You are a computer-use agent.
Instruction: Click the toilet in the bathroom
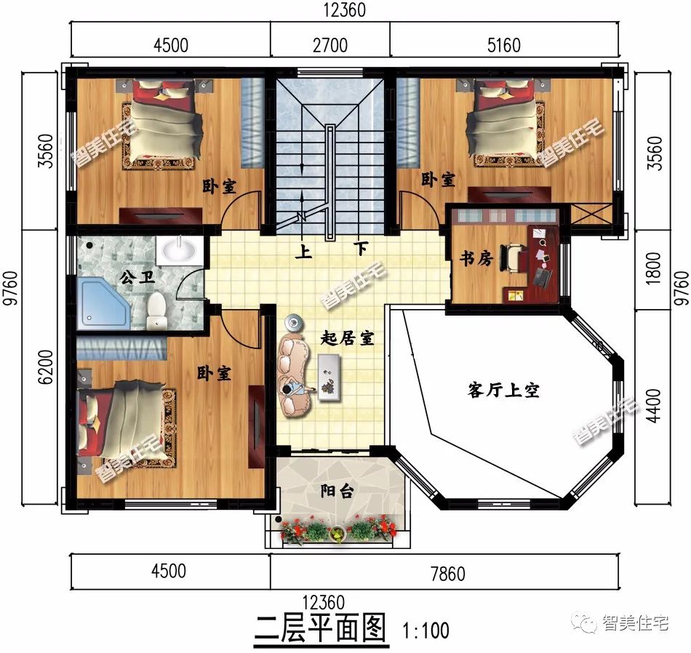156,314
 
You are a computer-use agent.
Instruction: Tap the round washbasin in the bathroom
178,251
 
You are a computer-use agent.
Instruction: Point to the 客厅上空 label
503,390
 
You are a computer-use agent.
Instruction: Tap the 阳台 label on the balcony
337,492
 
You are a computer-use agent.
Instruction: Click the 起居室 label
347,338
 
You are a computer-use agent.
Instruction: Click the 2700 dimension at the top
329,45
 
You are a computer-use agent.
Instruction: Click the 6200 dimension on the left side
45,369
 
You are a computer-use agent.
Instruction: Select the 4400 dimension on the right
652,406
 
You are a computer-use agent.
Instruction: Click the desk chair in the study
514,258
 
